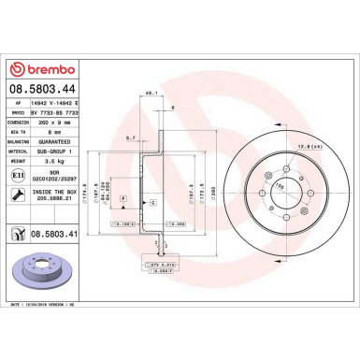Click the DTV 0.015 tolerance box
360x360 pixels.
click(x=160, y=266)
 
